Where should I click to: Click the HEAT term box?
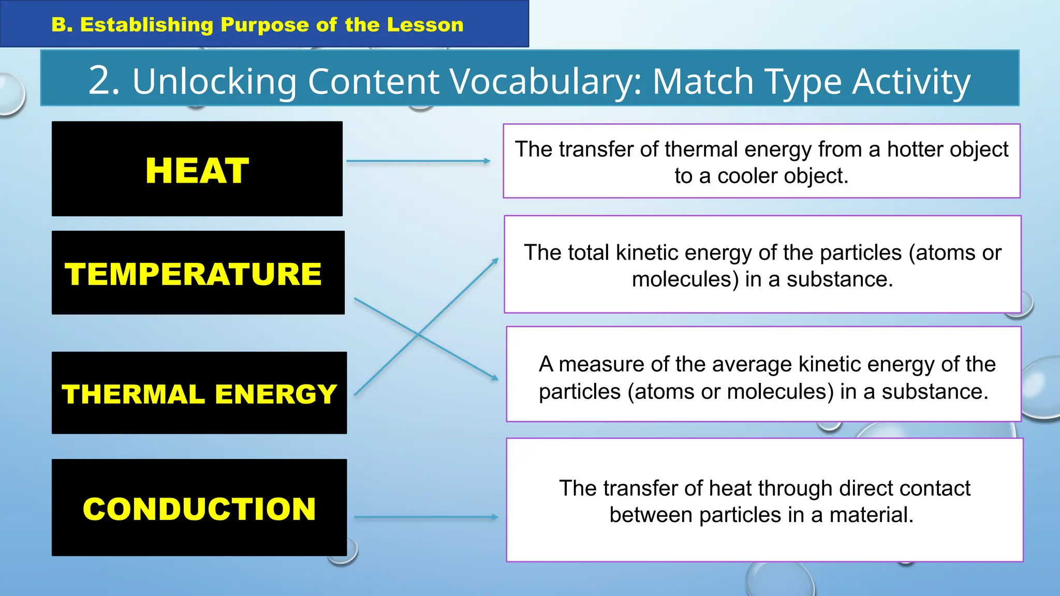click(197, 169)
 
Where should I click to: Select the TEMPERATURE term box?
click(198, 273)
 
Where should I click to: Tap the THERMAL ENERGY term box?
click(199, 393)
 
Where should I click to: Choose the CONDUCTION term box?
click(199, 508)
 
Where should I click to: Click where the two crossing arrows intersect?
click(418, 335)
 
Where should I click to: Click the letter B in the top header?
click(60, 24)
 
